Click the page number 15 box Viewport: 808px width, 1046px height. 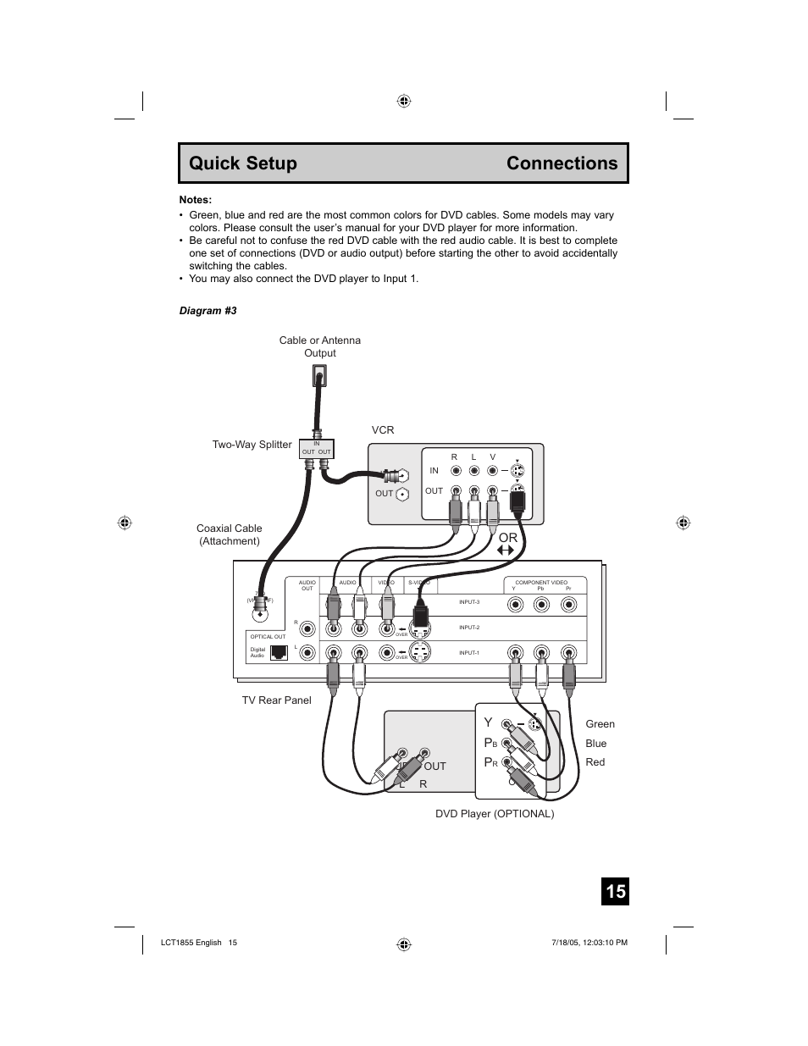[616, 891]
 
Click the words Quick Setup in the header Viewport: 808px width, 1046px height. [243, 163]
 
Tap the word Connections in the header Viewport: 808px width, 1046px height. [562, 163]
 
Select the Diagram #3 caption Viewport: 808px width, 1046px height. [208, 311]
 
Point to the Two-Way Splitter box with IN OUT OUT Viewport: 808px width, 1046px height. [317, 449]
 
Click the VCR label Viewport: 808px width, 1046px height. [383, 430]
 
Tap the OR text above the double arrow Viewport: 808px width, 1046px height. [507, 538]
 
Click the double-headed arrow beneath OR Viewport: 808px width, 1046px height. [506, 551]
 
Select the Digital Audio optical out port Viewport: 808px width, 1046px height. [279, 652]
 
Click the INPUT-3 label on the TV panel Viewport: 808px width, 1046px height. [469, 602]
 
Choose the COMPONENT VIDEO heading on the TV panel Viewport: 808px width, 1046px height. [541, 583]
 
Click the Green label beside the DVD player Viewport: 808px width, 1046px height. [600, 724]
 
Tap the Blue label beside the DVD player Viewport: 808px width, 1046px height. [595, 744]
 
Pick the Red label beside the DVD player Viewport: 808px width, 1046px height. [595, 762]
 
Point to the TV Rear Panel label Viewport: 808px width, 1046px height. [276, 700]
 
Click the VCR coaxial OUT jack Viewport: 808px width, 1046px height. [403, 495]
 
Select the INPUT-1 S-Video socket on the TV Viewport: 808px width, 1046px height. [421, 653]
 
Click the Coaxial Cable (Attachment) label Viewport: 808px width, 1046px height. [230, 534]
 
